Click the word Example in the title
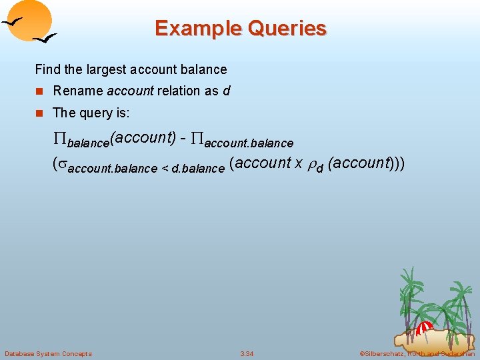tap(196, 29)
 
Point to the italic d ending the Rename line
tap(227, 91)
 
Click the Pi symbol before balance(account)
tap(59, 139)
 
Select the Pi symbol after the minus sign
tap(197, 139)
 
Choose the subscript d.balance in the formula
tap(198, 169)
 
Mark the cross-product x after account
tap(299, 163)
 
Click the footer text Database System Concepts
tap(48, 353)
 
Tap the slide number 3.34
tap(247, 353)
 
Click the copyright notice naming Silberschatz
tap(417, 353)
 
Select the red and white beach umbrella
tap(424, 327)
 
